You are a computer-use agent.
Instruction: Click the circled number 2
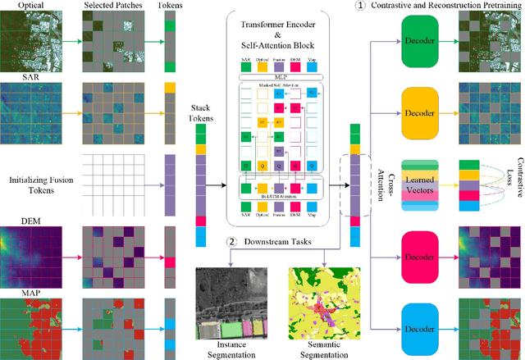232,242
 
